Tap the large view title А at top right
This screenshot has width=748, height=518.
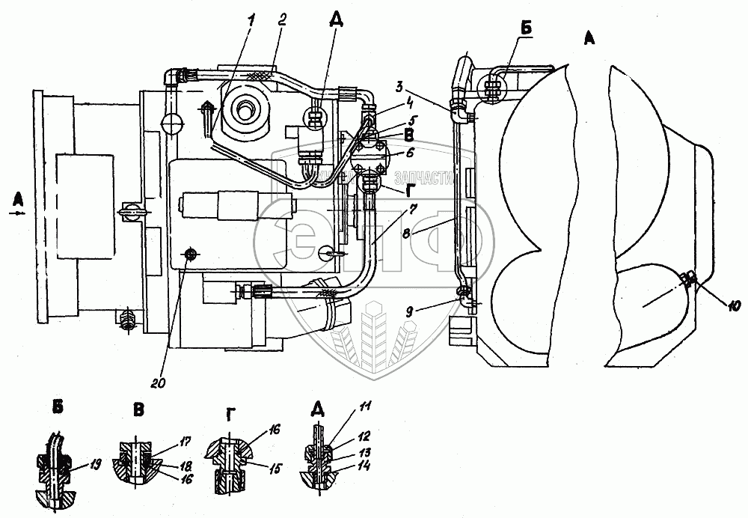pyautogui.click(x=589, y=41)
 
